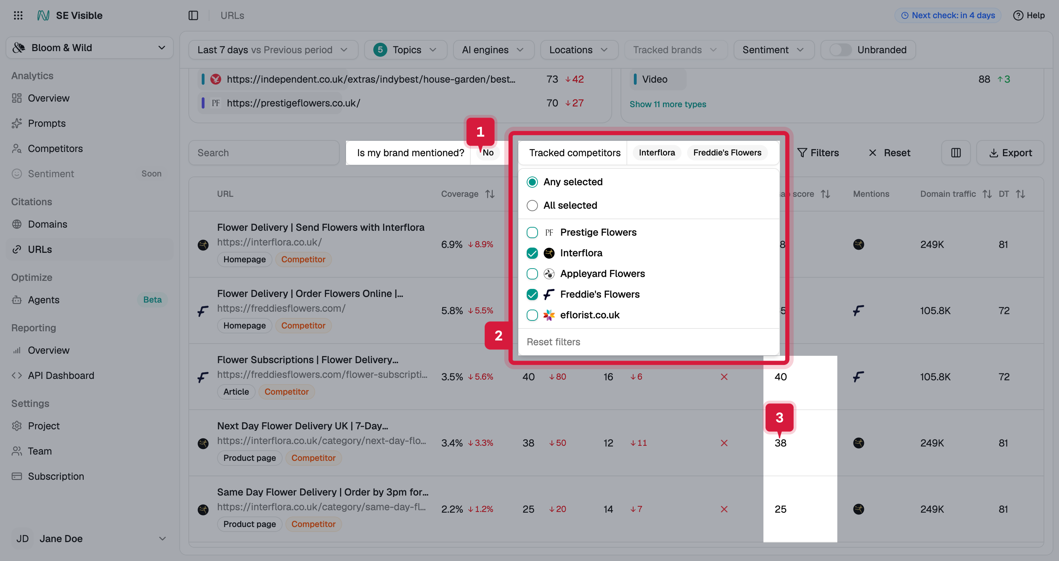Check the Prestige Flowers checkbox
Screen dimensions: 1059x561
tap(532, 232)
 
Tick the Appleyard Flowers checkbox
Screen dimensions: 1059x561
tap(532, 274)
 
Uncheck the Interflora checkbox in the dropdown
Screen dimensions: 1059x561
tap(532, 253)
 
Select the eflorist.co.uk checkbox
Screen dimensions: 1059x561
tap(532, 315)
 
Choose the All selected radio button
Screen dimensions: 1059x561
tap(532, 206)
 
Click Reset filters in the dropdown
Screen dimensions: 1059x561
tap(553, 342)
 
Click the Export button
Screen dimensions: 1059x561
tap(1010, 153)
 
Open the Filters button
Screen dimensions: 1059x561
tap(818, 153)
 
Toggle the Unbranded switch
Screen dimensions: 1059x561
tap(840, 50)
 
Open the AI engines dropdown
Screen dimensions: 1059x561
tap(493, 50)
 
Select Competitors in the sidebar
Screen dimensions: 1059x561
tap(55, 148)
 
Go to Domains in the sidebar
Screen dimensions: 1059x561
tap(47, 224)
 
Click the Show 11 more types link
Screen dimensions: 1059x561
tap(667, 104)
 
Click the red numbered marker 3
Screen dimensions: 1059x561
tap(780, 417)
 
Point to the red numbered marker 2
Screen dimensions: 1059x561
tap(498, 336)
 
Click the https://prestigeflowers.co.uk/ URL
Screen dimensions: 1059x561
tap(293, 103)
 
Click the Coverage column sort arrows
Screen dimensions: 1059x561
tap(490, 194)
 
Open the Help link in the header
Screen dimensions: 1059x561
tap(1029, 15)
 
